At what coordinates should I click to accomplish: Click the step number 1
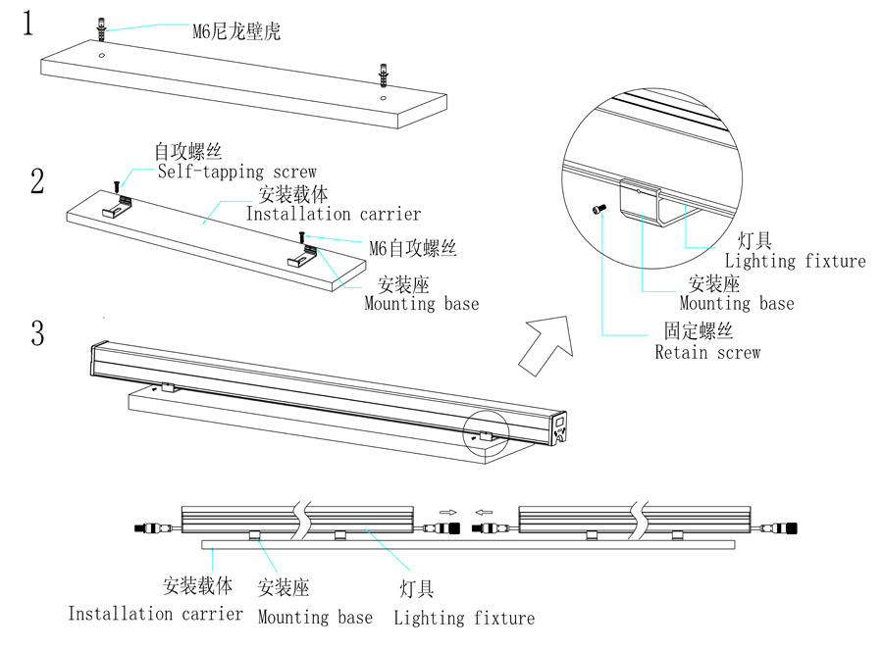coord(30,24)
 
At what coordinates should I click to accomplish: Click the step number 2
coord(37,181)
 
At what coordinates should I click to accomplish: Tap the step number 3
coord(37,333)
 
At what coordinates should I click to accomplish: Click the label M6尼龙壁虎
coord(236,32)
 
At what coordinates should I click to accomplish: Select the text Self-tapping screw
coord(237,172)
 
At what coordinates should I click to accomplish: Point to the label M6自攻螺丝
coord(413,248)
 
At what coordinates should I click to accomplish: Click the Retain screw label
coord(707,352)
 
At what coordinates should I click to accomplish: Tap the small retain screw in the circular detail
coord(597,208)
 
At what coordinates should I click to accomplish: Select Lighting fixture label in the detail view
coord(795,261)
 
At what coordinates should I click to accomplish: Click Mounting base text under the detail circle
coord(737,304)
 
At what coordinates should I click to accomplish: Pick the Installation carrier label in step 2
coord(333,214)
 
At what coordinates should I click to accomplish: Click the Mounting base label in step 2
coord(422,304)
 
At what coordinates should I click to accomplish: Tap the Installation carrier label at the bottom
coord(155,614)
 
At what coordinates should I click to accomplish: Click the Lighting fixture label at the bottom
coord(464,618)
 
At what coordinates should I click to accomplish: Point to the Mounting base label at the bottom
coord(315,617)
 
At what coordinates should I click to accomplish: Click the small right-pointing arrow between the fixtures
coord(447,511)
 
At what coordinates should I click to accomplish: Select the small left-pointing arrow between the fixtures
coord(483,511)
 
